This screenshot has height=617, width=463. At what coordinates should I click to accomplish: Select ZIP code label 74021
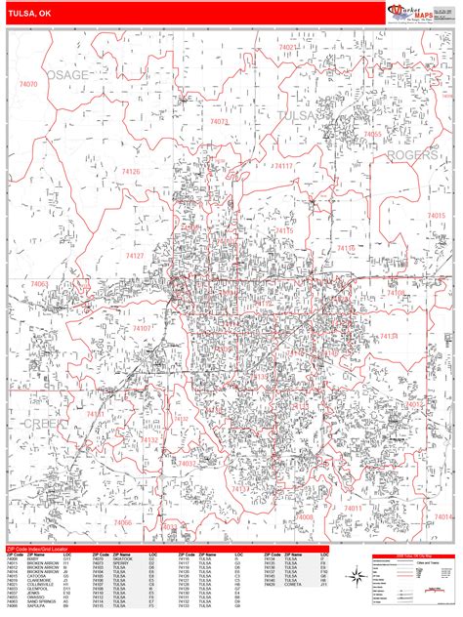(x=289, y=47)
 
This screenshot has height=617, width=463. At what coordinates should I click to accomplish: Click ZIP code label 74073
(x=218, y=123)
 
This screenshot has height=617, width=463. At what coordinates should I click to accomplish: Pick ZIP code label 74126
(x=131, y=172)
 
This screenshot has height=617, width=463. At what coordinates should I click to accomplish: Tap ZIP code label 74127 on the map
(x=135, y=255)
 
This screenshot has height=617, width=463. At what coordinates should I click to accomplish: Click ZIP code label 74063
(x=40, y=283)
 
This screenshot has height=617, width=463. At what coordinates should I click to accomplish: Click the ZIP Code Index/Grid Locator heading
(x=39, y=550)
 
